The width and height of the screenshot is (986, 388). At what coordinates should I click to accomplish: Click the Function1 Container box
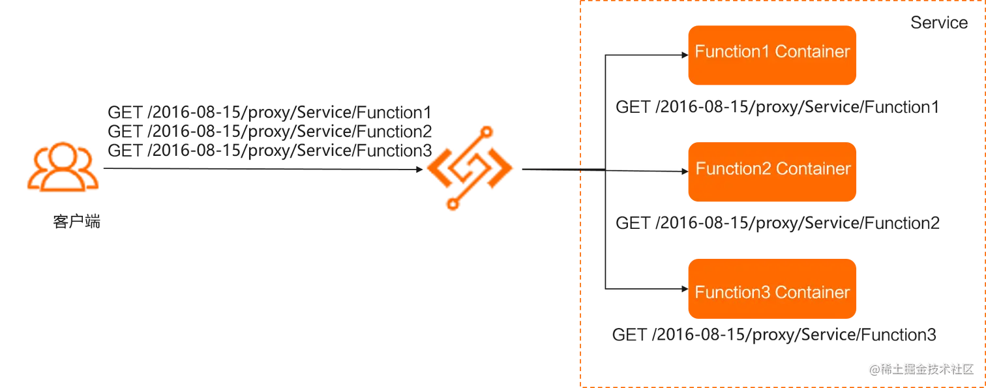(771, 55)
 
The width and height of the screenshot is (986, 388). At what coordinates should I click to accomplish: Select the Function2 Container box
(771, 172)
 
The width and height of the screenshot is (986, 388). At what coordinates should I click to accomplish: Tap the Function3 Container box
(771, 289)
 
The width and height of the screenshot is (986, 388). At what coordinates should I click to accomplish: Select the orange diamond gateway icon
(470, 167)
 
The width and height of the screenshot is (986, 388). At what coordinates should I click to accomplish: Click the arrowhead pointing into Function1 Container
(683, 56)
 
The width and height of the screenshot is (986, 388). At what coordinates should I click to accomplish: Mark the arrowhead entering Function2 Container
(683, 172)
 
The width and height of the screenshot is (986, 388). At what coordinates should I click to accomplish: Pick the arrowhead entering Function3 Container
(683, 288)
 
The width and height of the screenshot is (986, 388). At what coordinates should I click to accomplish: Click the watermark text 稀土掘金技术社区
(926, 368)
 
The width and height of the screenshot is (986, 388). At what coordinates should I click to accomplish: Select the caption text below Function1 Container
(775, 104)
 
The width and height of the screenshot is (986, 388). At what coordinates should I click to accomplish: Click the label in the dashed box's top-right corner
(938, 23)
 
